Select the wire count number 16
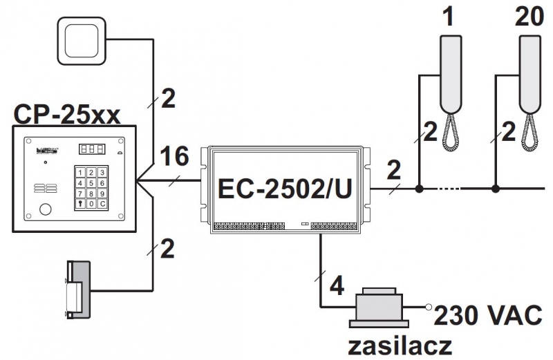coord(173,157)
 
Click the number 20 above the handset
coord(530,15)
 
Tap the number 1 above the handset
coord(450,15)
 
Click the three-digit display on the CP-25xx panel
coord(92,149)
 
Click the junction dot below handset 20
coord(496,188)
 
